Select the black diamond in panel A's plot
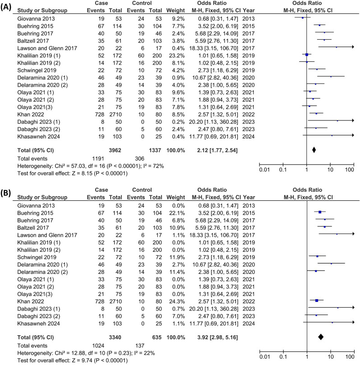point(314,149)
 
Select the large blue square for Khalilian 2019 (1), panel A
point(307,55)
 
